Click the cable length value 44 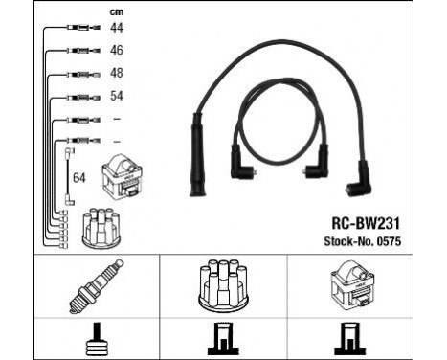click(x=117, y=28)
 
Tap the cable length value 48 click(x=117, y=72)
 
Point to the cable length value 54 click(x=117, y=96)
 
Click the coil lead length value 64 click(x=78, y=177)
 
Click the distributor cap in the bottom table click(x=223, y=286)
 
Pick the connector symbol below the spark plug click(x=75, y=337)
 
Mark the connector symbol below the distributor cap click(x=223, y=337)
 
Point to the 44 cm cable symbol click(x=81, y=29)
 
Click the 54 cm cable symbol click(x=81, y=97)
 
